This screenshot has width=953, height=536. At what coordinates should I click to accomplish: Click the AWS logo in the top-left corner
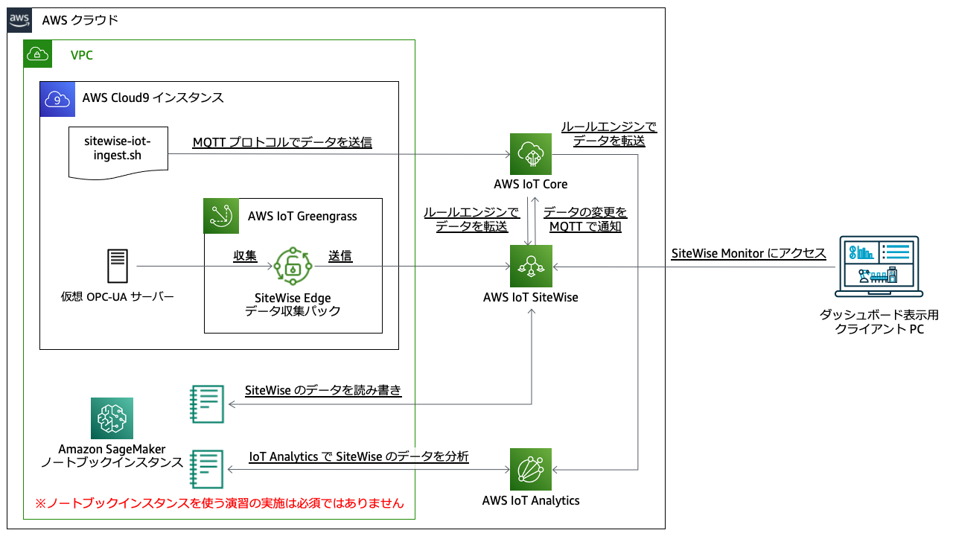(19, 20)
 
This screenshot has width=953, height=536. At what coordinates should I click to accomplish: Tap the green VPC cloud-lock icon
(38, 54)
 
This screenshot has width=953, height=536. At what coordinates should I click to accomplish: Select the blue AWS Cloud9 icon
(58, 98)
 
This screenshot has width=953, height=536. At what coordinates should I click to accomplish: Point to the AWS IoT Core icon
(530, 155)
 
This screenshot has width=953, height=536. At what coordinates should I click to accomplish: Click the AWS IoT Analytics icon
(530, 469)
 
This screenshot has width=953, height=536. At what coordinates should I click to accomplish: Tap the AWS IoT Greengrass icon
(221, 216)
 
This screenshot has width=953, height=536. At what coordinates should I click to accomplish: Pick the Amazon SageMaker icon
(112, 418)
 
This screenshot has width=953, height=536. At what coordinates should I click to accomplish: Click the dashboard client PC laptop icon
(879, 269)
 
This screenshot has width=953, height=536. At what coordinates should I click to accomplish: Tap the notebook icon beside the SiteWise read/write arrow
(207, 404)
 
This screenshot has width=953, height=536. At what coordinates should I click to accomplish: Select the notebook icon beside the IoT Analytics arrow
(207, 469)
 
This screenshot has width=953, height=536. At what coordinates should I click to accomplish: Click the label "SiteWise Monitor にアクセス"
(748, 253)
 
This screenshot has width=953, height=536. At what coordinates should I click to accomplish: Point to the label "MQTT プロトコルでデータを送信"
(282, 142)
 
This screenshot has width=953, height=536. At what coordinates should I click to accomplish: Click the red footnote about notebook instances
(220, 503)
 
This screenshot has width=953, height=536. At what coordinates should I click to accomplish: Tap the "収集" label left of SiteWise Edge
(245, 256)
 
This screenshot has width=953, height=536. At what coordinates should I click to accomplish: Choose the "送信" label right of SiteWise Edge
(340, 256)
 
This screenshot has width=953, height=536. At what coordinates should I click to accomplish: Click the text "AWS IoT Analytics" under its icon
(531, 500)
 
